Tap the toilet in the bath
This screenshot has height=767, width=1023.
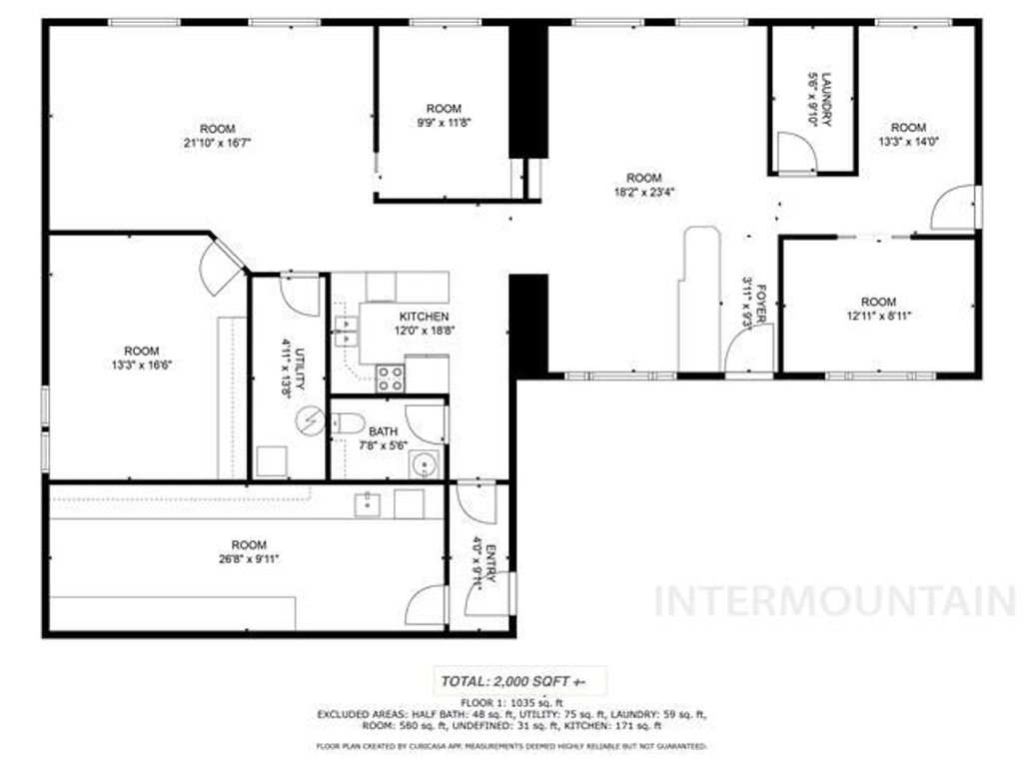pyautogui.click(x=347, y=423)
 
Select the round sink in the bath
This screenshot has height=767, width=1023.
pyautogui.click(x=426, y=465)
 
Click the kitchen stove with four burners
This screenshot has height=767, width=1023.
pyautogui.click(x=391, y=378)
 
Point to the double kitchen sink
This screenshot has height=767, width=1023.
pyautogui.click(x=346, y=331)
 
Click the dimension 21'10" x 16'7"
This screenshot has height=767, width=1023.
pyautogui.click(x=217, y=142)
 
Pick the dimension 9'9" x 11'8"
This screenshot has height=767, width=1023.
pyautogui.click(x=444, y=122)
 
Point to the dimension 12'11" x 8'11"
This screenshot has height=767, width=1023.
pyautogui.click(x=878, y=316)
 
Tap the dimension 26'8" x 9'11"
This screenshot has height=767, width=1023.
pyautogui.click(x=249, y=558)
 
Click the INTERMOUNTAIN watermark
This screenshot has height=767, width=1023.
pyautogui.click(x=834, y=601)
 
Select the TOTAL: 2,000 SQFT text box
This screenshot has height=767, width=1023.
pyautogui.click(x=513, y=681)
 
